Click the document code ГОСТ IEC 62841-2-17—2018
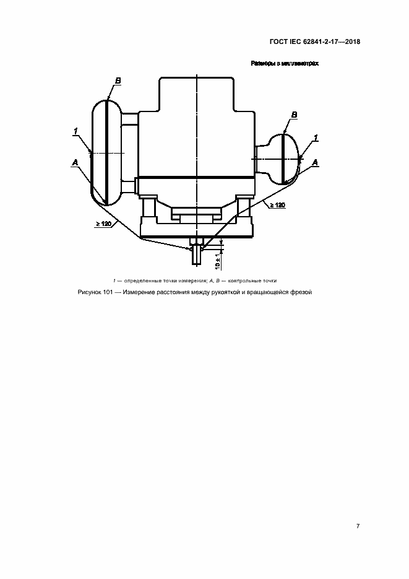click(314, 41)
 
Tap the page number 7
click(358, 526)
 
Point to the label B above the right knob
click(294, 115)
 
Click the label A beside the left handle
click(75, 162)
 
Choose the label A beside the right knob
click(315, 162)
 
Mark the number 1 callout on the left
click(75, 131)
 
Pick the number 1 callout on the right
click(316, 137)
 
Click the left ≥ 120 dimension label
click(103, 224)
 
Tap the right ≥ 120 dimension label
click(277, 205)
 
